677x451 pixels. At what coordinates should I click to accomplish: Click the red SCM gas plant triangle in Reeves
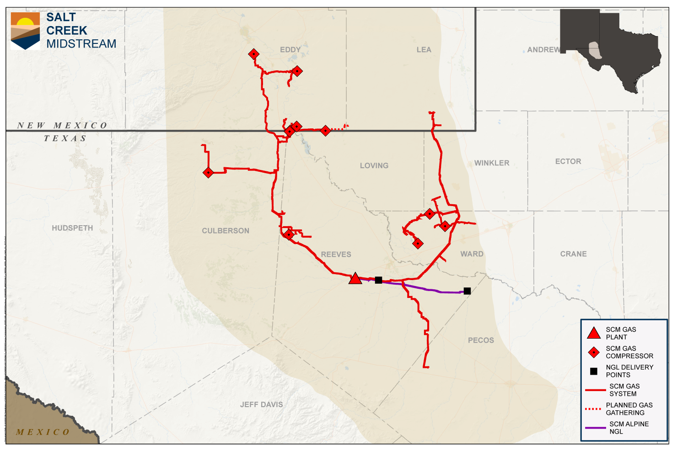[x=355, y=279]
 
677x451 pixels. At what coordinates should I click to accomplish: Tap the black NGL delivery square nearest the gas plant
[x=378, y=280]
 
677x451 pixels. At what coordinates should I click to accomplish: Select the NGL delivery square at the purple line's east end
[x=467, y=291]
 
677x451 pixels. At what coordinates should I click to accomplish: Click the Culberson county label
[x=226, y=231]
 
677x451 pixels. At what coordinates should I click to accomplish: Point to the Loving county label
[x=374, y=166]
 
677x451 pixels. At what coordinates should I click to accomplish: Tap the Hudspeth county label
[x=72, y=228]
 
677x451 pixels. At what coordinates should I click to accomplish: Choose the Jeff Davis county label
[x=261, y=404]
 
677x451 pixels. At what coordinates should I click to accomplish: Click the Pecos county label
[x=481, y=340]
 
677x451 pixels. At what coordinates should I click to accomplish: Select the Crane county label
[x=573, y=254]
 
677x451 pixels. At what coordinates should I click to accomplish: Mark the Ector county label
[x=568, y=162]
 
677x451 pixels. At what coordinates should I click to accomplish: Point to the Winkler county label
[x=492, y=163]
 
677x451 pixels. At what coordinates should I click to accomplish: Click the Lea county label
[x=424, y=50]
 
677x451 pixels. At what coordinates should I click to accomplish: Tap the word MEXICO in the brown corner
[x=43, y=432]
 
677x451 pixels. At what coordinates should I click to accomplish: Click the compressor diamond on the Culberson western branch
[x=209, y=173]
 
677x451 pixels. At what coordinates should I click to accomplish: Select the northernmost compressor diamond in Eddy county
[x=254, y=54]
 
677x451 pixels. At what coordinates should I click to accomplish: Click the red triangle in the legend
[x=594, y=333]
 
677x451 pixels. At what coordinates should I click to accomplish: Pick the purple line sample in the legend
[x=595, y=428]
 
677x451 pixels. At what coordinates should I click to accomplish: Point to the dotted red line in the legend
[x=593, y=409]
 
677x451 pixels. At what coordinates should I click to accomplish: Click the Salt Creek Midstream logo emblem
[x=25, y=31]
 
